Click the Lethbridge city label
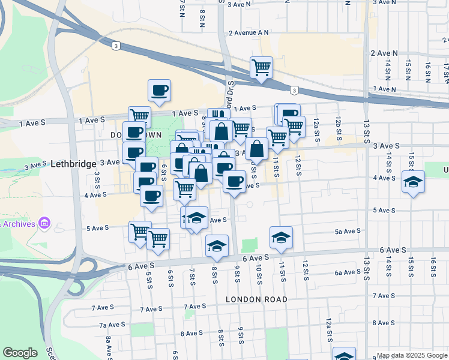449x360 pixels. (x=74, y=164)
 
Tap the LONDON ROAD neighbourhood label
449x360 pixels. (x=256, y=299)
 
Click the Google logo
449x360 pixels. (x=20, y=353)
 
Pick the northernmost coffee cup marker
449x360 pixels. (x=159, y=91)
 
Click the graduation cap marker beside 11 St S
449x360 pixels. (x=281, y=238)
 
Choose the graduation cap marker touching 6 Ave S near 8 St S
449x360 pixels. (x=217, y=246)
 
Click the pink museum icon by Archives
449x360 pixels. (x=43, y=224)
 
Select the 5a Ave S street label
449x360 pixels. (x=348, y=231)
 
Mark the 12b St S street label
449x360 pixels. (x=339, y=130)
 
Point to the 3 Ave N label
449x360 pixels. (x=239, y=4)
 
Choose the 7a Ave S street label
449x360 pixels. (x=112, y=325)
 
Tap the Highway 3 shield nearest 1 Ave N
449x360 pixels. (x=294, y=91)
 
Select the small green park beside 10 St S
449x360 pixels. (x=249, y=245)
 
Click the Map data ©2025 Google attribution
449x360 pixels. (x=411, y=355)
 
